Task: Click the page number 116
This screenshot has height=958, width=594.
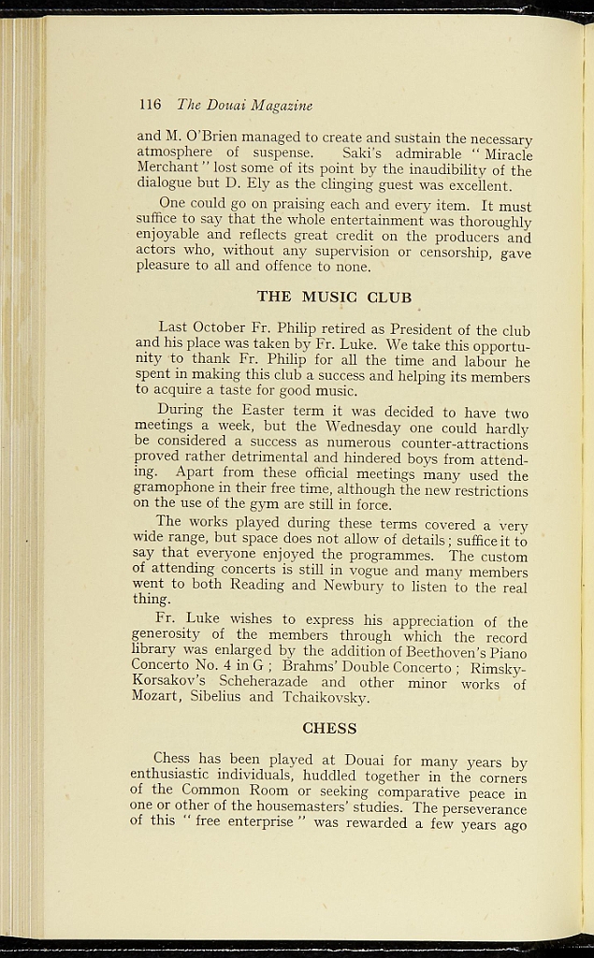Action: click(x=150, y=105)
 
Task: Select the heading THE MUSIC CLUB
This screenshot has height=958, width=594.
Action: click(x=334, y=298)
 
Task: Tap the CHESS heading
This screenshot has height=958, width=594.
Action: click(x=329, y=727)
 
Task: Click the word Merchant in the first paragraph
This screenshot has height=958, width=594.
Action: click(x=167, y=169)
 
